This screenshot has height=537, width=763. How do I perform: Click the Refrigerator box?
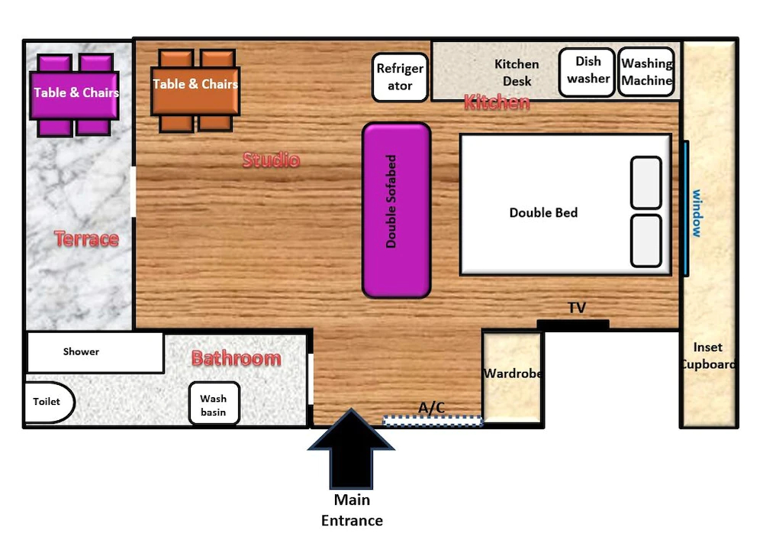(x=400, y=77)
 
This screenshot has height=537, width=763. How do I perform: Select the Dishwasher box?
(x=587, y=72)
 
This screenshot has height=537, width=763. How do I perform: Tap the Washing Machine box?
(x=646, y=72)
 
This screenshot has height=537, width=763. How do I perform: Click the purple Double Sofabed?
(x=397, y=210)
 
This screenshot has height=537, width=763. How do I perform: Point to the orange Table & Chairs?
(x=195, y=91)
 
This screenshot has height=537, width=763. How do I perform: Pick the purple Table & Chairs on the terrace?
(x=75, y=95)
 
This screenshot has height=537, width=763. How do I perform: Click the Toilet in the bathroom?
(x=49, y=402)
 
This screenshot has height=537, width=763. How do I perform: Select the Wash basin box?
(x=214, y=403)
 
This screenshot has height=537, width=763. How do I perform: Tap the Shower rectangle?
(x=95, y=352)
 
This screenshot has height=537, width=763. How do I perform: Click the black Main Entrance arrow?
(x=351, y=449)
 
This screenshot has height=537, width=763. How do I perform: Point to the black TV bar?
(x=573, y=325)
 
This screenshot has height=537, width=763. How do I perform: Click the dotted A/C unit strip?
(x=433, y=421)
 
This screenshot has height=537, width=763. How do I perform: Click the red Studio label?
(x=271, y=160)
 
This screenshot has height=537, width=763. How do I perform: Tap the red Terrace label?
(x=87, y=239)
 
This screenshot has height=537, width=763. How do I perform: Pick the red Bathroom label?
(x=237, y=358)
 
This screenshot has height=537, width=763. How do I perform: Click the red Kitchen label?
(x=497, y=102)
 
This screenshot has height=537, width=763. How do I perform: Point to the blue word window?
(x=697, y=213)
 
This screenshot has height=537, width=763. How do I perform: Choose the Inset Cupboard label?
(x=708, y=356)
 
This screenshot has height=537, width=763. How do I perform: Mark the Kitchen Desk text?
(x=517, y=73)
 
